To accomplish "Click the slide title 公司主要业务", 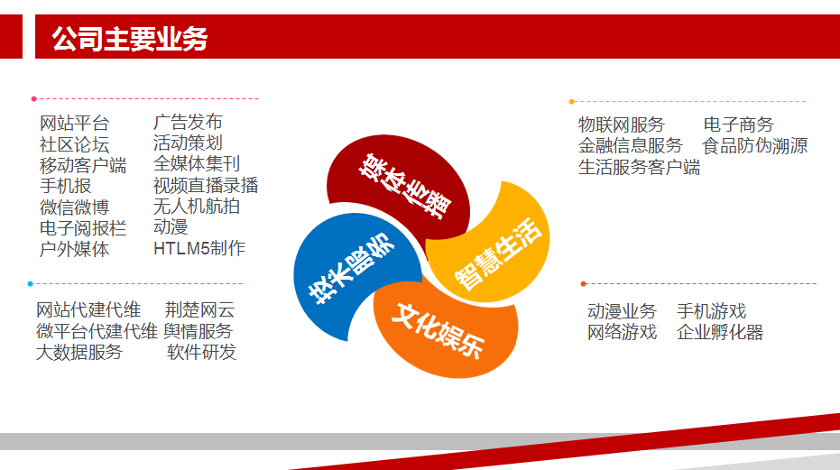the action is click(x=130, y=39).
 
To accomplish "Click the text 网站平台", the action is click(x=75, y=124).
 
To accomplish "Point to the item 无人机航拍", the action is click(x=196, y=207).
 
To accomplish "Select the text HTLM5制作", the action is click(x=199, y=248).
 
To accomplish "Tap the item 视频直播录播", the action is click(x=206, y=186).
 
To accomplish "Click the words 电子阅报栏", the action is click(x=83, y=227).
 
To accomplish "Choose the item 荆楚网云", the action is click(x=199, y=309).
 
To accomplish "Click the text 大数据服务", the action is click(x=79, y=352).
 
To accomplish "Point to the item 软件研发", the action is click(x=201, y=352).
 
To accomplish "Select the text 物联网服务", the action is click(x=622, y=124).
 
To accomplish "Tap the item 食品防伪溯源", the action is click(x=755, y=146).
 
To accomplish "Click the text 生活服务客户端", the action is click(x=639, y=167).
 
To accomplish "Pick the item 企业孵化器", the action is click(x=719, y=332).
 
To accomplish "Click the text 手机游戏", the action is click(x=711, y=311).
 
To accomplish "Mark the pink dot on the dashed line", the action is click(x=33, y=98).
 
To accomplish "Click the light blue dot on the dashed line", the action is click(x=31, y=283).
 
